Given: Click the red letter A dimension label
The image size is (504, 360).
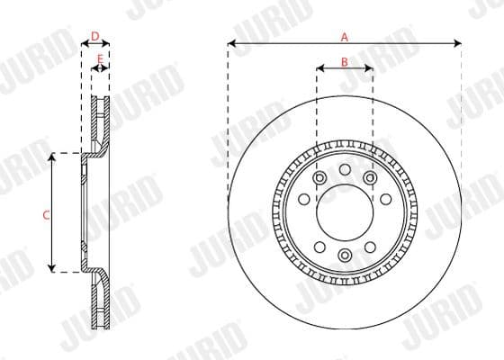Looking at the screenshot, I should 344,37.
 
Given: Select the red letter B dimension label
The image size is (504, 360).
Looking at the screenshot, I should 344,61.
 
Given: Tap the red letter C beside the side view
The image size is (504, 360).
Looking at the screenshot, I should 45,215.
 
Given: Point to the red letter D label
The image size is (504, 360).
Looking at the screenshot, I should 95,36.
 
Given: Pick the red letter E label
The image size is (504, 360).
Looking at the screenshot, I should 100,58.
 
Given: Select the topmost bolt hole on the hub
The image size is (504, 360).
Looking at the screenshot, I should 345,169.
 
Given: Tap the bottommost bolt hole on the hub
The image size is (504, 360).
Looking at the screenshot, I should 345,256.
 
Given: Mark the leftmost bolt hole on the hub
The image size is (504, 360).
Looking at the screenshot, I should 304,199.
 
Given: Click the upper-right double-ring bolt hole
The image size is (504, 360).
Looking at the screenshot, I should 370,177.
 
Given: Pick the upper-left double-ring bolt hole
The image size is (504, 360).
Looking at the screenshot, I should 319,177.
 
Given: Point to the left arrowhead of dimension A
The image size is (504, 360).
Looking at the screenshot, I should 231,42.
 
